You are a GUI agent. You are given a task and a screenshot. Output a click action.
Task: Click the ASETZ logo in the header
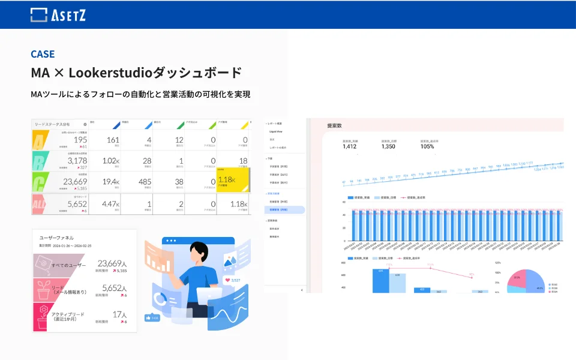(58, 14)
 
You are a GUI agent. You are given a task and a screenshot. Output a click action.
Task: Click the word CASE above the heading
(43, 54)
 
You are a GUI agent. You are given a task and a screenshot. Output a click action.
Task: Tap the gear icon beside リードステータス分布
(85, 124)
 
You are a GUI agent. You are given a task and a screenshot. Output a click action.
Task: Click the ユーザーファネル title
(57, 238)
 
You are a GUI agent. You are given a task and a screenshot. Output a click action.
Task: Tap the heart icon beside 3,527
(227, 280)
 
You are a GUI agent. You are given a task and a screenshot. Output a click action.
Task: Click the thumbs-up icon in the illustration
(148, 317)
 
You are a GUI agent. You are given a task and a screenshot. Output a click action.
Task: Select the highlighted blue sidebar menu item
(284, 210)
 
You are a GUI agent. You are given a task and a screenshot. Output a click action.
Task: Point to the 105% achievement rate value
(427, 146)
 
